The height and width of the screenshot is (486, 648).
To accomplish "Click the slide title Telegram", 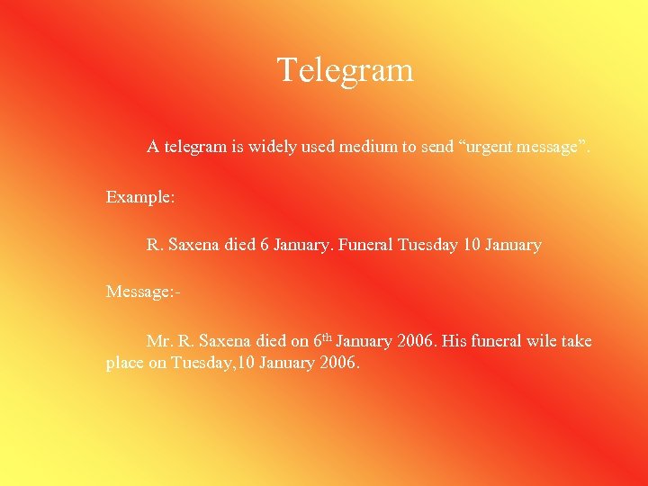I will tap(345, 70).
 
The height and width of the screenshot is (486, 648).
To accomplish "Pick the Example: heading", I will tap(139, 195).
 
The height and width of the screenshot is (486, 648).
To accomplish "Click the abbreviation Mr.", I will tap(159, 341).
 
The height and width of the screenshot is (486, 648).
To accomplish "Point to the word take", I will tap(577, 341).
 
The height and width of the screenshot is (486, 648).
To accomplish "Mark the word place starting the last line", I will tap(125, 364).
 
